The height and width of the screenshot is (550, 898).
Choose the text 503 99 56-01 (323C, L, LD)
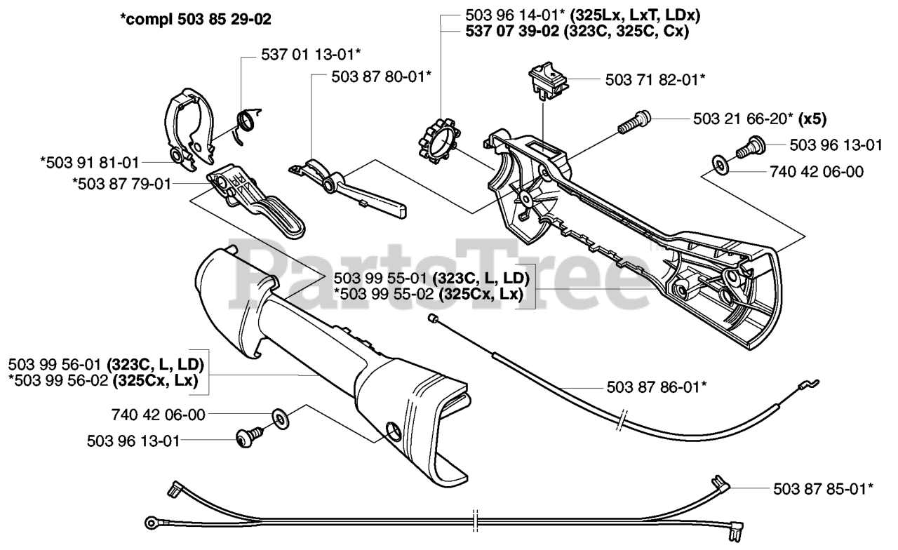click(x=105, y=364)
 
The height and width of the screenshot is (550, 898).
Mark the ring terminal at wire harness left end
click(x=152, y=521)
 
